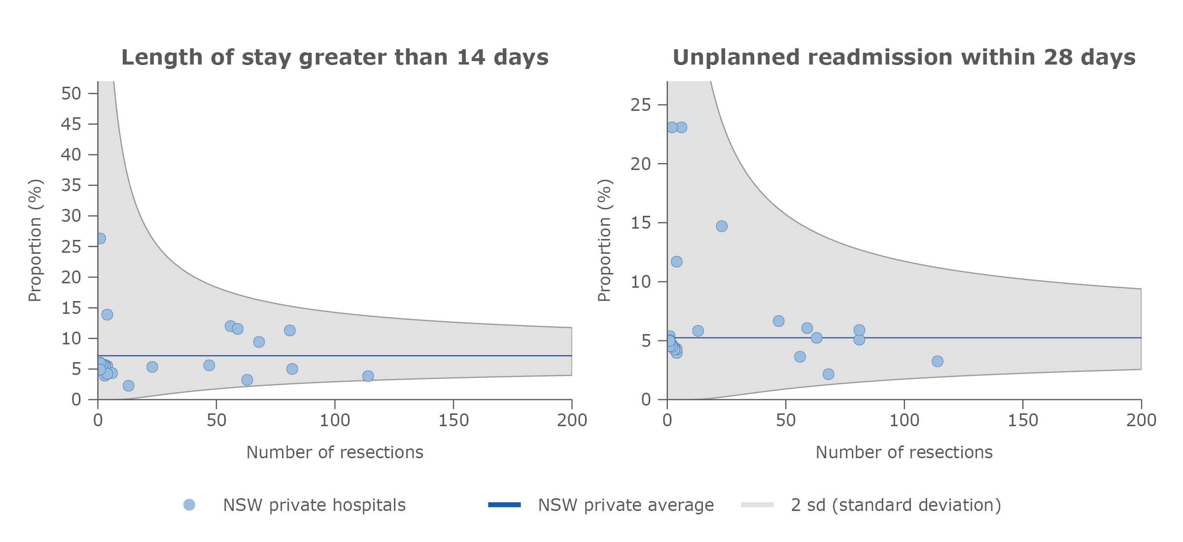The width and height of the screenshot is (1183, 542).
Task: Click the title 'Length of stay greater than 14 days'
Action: pyautogui.click(x=335, y=57)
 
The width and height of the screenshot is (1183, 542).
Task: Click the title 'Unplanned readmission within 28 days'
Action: pyautogui.click(x=904, y=57)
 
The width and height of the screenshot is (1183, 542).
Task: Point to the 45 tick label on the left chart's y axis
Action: pyautogui.click(x=71, y=124)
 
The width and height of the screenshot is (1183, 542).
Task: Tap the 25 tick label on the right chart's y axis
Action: pyautogui.click(x=640, y=105)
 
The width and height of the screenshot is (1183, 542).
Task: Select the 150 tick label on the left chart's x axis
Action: pyautogui.click(x=453, y=420)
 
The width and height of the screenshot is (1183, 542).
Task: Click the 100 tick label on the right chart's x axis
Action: pyautogui.click(x=904, y=420)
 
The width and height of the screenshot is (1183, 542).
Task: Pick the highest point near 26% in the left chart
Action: pyautogui.click(x=100, y=238)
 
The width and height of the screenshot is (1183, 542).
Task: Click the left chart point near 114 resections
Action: pyautogui.click(x=368, y=376)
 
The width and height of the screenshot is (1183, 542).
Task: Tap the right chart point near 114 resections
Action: pyautogui.click(x=937, y=361)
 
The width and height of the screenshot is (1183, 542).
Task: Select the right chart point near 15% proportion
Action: pyautogui.click(x=721, y=226)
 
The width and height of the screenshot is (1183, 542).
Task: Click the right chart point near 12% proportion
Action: pyautogui.click(x=676, y=262)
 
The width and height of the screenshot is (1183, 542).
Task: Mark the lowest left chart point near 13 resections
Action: pyautogui.click(x=128, y=385)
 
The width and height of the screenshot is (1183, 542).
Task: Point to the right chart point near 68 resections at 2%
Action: pyautogui.click(x=828, y=374)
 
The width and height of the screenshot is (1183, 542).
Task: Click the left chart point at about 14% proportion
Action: pyautogui.click(x=107, y=314)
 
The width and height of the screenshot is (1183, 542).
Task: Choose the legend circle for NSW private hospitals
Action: pyautogui.click(x=189, y=505)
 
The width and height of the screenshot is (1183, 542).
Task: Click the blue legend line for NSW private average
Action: pyautogui.click(x=504, y=505)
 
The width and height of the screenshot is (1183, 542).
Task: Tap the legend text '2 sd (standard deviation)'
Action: pyautogui.click(x=896, y=505)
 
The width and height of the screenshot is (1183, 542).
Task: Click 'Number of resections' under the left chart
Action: pyautogui.click(x=335, y=452)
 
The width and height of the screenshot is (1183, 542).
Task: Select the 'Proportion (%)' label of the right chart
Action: pyautogui.click(x=604, y=240)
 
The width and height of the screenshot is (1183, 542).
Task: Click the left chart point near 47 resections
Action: pyautogui.click(x=209, y=365)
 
